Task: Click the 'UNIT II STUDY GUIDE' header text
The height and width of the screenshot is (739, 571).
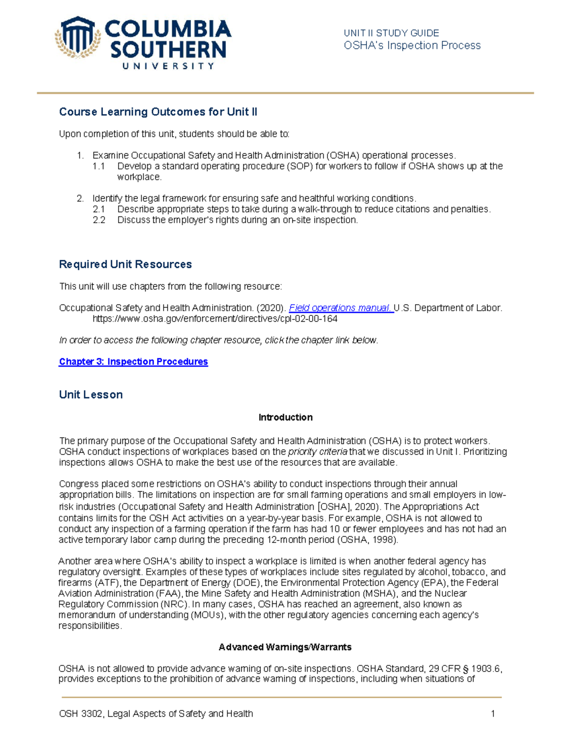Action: click(391, 33)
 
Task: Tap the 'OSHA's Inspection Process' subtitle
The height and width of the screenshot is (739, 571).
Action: click(412, 46)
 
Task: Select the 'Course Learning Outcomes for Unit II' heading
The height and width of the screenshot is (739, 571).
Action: click(158, 112)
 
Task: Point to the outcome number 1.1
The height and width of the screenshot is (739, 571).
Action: click(98, 166)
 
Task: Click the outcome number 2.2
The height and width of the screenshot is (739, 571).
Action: click(98, 220)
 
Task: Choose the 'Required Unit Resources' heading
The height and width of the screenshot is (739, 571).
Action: click(125, 264)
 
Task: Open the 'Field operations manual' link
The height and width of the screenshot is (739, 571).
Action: click(341, 308)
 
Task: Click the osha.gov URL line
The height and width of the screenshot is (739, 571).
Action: click(215, 319)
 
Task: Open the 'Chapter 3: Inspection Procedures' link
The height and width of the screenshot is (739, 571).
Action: click(133, 362)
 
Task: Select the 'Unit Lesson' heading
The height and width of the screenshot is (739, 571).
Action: click(91, 394)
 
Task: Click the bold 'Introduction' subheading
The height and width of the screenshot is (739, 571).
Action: click(285, 417)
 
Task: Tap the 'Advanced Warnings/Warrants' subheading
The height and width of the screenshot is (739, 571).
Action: click(285, 647)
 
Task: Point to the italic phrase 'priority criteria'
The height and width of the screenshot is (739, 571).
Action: click(317, 452)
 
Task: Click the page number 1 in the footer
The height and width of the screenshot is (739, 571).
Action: click(493, 714)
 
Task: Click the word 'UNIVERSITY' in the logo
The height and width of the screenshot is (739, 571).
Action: click(168, 66)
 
